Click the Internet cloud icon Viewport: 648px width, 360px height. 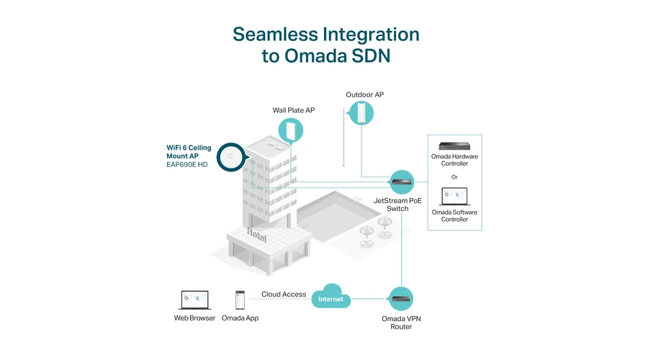330,297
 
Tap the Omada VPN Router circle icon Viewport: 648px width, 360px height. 401,298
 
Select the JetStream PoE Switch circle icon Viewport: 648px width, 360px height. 402,182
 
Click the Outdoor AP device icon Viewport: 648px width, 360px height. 361,113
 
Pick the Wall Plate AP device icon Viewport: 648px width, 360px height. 291,130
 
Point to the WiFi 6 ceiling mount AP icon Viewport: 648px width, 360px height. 230,158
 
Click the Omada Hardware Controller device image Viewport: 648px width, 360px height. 454,146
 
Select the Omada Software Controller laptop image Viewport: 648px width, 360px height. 454,197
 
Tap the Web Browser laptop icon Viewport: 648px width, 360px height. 194,300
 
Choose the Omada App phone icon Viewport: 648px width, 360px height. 240,300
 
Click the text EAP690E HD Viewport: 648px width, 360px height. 186,164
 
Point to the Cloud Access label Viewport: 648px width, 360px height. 284,294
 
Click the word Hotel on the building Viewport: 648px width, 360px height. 256,235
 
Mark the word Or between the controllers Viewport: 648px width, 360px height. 454,177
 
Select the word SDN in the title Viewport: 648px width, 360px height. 371,55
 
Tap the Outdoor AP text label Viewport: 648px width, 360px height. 365,94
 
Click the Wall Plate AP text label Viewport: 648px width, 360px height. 294,110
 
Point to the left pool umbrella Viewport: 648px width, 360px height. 366,235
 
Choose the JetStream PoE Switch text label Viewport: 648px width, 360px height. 397,204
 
